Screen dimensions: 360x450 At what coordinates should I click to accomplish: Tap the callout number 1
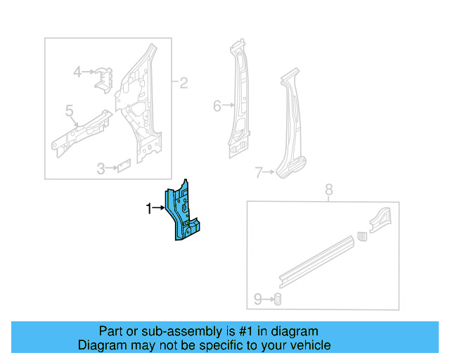pyautogui.click(x=148, y=208)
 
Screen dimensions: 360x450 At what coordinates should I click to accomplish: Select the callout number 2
pyautogui.click(x=184, y=84)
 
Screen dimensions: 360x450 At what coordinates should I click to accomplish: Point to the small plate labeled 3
pyautogui.click(x=124, y=166)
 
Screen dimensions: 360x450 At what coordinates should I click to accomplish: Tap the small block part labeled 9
pyautogui.click(x=277, y=300)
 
